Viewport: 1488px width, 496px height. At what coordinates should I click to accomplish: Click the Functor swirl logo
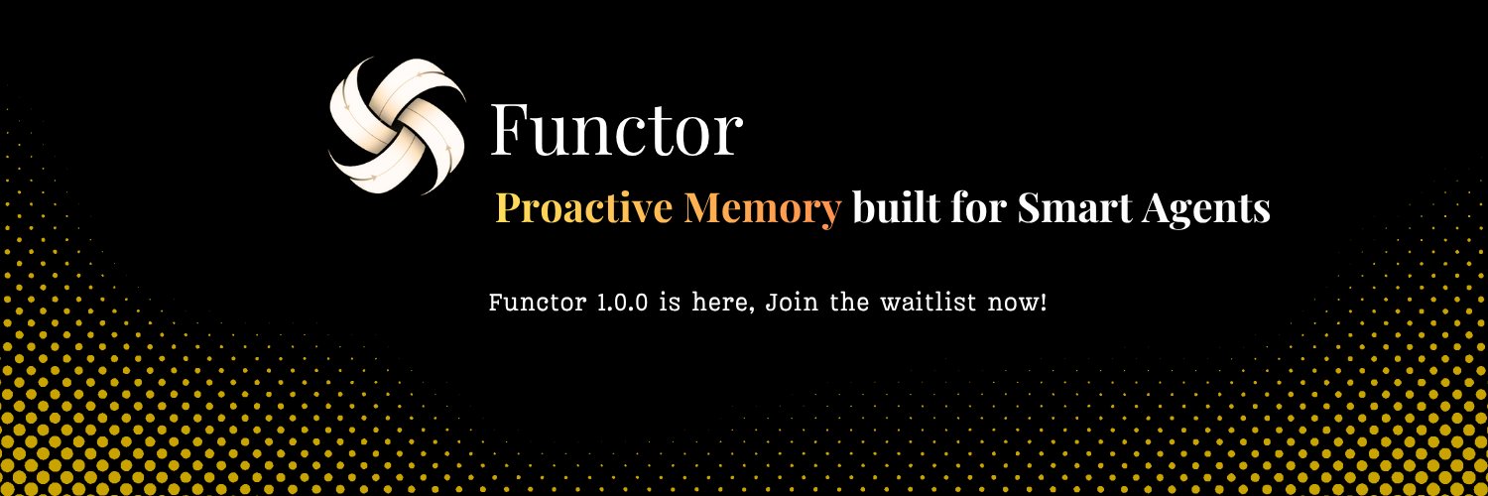point(397,125)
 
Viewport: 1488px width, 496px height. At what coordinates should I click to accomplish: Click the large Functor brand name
point(615,130)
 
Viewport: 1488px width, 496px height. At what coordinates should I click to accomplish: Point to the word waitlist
point(927,302)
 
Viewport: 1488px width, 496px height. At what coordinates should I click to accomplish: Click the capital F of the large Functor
point(510,130)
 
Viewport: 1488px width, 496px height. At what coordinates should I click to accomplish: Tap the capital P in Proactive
point(507,208)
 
